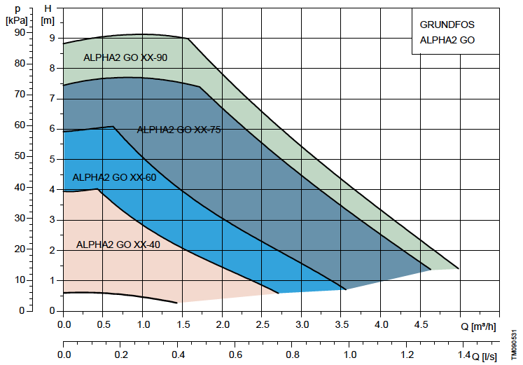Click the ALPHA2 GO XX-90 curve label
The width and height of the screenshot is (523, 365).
coord(125,57)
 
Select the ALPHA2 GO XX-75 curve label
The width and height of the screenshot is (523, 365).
coord(179,130)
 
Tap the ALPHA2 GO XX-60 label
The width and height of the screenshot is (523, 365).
coord(114,177)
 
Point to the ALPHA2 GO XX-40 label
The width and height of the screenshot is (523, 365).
coord(118,245)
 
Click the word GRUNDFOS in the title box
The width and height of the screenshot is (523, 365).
coord(447,25)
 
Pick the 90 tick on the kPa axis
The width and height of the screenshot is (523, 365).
coord(20,32)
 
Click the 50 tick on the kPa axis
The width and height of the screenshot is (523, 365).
coord(20,156)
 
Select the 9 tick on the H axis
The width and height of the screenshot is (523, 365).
coord(52,38)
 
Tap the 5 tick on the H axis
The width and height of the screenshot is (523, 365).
coord(52,159)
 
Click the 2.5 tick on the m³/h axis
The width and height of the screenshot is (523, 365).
coord(262,324)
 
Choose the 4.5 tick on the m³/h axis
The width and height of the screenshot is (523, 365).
coord(421,324)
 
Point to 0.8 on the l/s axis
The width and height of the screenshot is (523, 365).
coord(292,354)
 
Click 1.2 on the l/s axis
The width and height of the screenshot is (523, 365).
coord(407,354)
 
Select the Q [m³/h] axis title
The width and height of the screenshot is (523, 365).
coord(478,326)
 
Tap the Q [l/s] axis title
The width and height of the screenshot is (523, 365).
coord(484,357)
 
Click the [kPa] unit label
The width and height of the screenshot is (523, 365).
coord(17,21)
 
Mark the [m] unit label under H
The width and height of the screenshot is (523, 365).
coord(48,21)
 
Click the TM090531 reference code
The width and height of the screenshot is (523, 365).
coord(515,345)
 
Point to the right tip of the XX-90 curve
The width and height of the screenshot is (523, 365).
coord(459,268)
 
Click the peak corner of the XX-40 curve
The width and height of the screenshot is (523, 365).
coord(98,189)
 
